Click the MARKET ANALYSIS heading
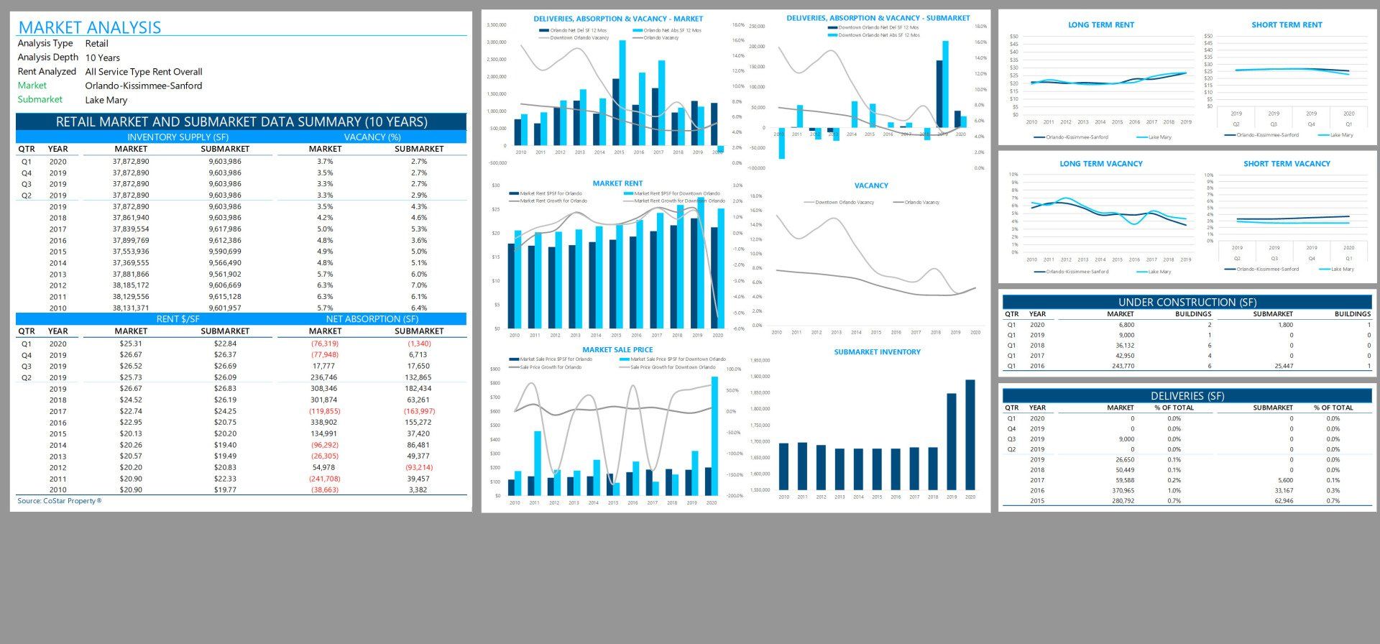(90, 27)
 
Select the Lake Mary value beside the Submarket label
(106, 100)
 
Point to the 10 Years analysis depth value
(103, 57)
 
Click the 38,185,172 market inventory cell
(131, 285)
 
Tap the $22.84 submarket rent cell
(225, 344)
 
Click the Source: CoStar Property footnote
(60, 501)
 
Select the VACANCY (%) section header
(372, 137)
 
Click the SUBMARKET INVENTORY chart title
(877, 352)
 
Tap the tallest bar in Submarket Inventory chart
(970, 435)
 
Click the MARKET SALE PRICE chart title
(617, 350)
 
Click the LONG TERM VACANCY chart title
(1100, 164)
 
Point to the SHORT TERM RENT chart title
(1287, 25)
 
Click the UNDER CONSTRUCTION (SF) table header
(1187, 303)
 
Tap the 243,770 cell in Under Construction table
(1121, 366)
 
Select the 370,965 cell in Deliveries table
(1121, 491)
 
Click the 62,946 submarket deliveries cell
(1283, 501)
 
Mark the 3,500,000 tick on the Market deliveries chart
(497, 25)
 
